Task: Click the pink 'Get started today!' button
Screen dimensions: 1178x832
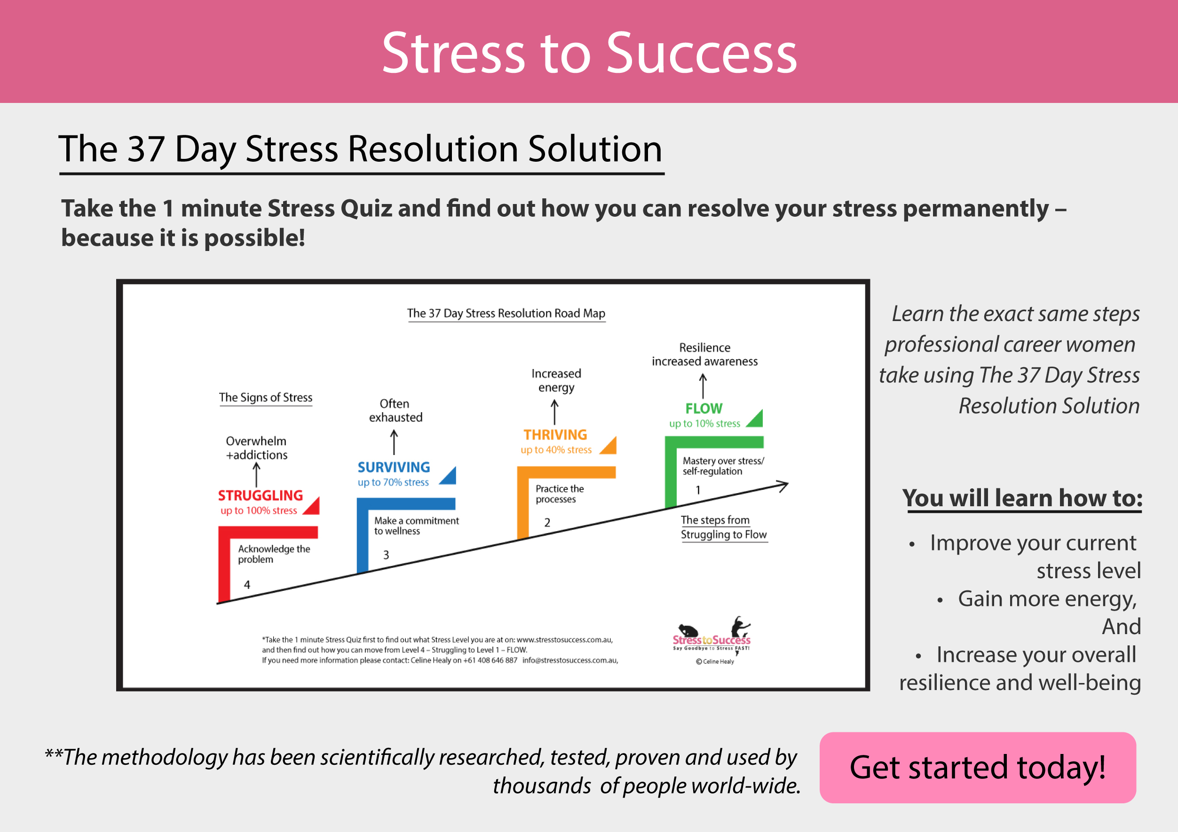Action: [x=977, y=768]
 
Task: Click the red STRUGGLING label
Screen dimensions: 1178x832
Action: [x=260, y=495]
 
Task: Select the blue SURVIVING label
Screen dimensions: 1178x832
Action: [x=394, y=467]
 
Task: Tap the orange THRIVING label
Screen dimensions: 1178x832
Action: [x=555, y=435]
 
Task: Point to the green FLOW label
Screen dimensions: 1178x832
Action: [x=704, y=409]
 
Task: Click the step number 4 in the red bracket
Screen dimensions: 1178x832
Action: [x=247, y=585]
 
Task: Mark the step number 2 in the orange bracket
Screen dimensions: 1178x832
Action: [x=547, y=523]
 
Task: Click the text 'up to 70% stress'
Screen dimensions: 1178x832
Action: [x=393, y=482]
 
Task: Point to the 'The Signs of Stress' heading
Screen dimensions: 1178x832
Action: [x=265, y=398]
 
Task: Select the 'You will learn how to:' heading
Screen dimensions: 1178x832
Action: [x=1022, y=498]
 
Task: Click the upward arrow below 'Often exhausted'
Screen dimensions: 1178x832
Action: [x=394, y=442]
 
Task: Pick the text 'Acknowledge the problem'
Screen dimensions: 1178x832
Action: [x=274, y=554]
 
